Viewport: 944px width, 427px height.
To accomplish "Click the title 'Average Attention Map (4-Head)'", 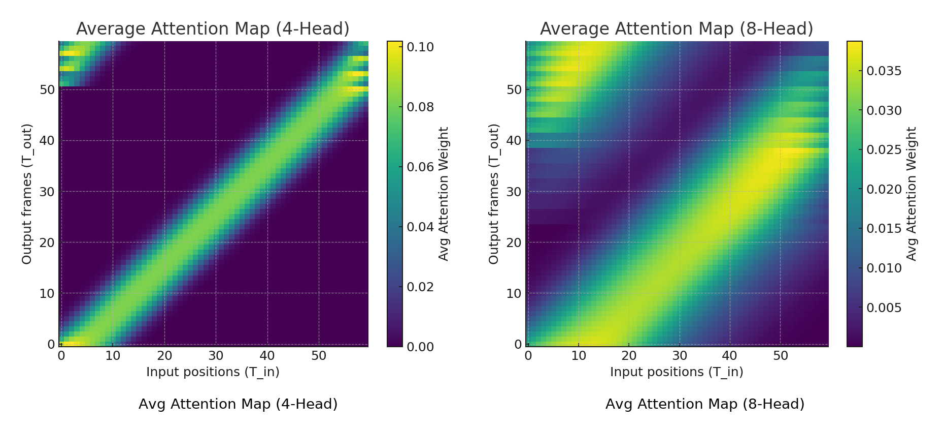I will [x=213, y=29].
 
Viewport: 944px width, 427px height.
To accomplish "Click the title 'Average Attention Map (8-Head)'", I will [x=677, y=29].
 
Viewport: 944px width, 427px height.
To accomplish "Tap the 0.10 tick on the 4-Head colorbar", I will [x=420, y=47].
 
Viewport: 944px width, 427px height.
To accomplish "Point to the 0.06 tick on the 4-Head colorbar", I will [x=420, y=167].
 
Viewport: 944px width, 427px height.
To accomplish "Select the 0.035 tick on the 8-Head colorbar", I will [x=884, y=71].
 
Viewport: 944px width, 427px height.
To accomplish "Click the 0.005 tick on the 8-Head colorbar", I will [x=884, y=308].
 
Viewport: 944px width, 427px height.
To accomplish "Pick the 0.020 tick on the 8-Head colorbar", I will [x=884, y=190].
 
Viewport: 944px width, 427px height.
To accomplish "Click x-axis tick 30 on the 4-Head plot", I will [x=216, y=356].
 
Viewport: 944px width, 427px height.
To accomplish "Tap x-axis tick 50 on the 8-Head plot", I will [x=781, y=356].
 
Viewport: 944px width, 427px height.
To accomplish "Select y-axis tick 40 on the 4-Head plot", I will [x=47, y=141].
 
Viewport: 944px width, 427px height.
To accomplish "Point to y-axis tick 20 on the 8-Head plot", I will [x=514, y=242].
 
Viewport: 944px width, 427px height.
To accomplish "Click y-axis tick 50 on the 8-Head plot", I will [x=514, y=90].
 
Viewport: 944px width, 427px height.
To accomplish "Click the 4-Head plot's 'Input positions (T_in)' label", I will [x=213, y=372].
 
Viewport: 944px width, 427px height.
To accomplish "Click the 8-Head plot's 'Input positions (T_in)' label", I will [x=677, y=372].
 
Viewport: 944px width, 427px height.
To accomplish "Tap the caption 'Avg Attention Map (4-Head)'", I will [x=238, y=404].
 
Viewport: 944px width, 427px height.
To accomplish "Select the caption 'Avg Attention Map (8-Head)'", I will [x=705, y=404].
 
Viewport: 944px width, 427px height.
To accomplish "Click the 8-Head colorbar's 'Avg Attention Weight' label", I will [x=912, y=194].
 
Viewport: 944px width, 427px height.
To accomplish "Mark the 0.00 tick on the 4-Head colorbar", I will [x=420, y=347].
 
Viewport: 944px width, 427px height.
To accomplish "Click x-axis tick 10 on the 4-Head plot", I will [x=113, y=356].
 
